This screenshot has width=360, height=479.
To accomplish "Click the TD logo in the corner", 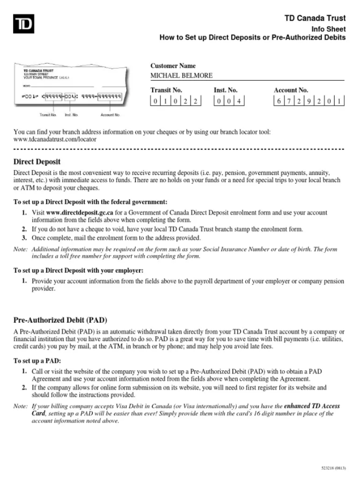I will (x=24, y=24).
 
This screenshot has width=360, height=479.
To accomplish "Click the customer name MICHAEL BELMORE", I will (x=182, y=76).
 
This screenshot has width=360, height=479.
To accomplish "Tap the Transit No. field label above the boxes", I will (x=166, y=90).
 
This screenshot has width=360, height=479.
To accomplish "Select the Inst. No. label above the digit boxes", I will (x=225, y=90).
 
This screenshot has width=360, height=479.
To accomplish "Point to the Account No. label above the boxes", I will (x=291, y=90).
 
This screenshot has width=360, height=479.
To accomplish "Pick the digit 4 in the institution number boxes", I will (x=240, y=101).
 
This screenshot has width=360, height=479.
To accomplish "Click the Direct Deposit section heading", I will (x=37, y=162).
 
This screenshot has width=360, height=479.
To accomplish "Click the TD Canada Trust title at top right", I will (x=315, y=18).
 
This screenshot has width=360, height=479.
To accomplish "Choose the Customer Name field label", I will (x=173, y=66).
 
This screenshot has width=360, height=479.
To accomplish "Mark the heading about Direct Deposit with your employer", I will (x=78, y=270).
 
